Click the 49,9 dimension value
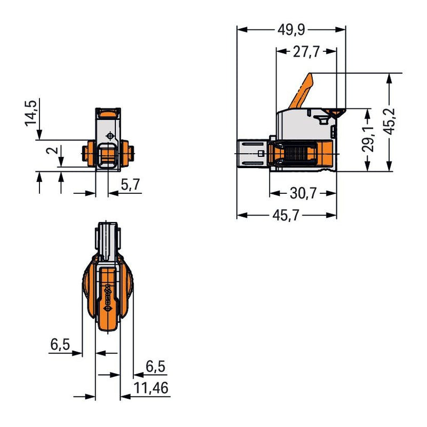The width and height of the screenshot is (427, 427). coord(291,30)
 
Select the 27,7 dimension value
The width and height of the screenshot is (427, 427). coord(306,51)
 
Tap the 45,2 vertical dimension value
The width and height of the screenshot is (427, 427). coord(390,121)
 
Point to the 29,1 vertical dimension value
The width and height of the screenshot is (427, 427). coord(368,139)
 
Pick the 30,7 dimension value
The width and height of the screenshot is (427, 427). coord(303,193)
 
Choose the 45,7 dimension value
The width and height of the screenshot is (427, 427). coord(286,216)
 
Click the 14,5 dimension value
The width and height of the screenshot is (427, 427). coord(31,113)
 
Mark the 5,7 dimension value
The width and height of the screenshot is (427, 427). coord(130,185)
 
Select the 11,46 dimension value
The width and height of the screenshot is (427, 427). coord(151,388)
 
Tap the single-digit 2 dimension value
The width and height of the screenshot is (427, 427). coord(52,151)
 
